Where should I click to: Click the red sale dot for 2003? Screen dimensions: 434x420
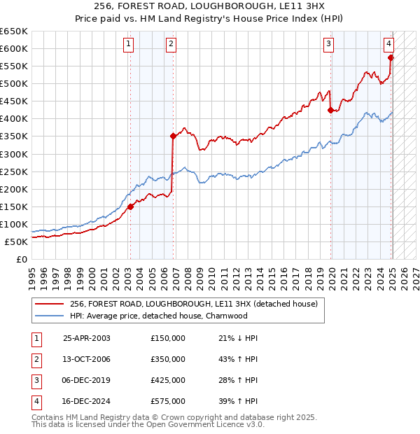coord(130,206)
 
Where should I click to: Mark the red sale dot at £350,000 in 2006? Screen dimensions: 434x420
coord(173,136)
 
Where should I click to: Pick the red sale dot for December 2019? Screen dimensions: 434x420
coord(330,110)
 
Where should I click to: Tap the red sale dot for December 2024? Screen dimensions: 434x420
coord(391,57)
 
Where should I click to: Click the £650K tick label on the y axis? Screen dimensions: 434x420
coord(14,31)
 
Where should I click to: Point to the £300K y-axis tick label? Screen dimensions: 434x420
coord(14,154)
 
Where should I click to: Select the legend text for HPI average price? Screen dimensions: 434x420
coord(158,316)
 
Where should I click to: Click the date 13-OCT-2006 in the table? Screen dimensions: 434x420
coord(87,359)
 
